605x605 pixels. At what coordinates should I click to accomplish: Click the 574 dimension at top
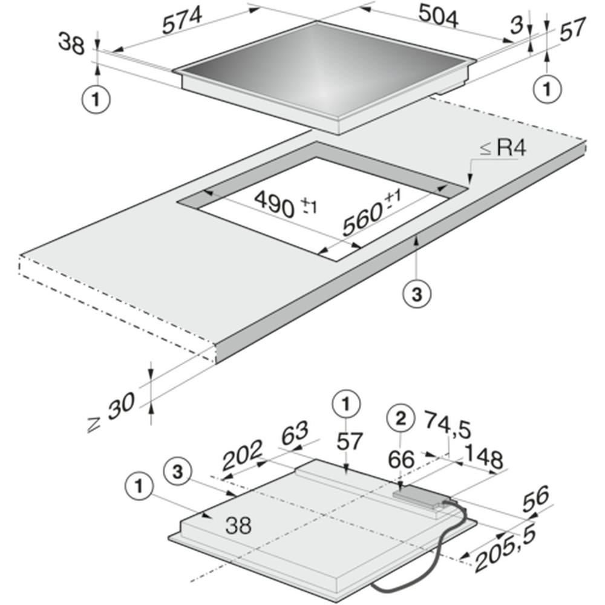[181, 20]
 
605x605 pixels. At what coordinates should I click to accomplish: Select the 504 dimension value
[438, 17]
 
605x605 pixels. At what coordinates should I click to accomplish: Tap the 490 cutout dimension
[286, 204]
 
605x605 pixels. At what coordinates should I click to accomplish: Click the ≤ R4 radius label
[503, 148]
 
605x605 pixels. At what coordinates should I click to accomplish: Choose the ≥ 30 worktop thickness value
[112, 411]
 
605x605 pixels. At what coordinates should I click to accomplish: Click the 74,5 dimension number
[448, 425]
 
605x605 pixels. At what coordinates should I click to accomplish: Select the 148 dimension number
[484, 457]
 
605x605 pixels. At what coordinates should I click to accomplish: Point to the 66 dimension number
[401, 459]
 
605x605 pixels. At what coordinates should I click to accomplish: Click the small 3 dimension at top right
[517, 25]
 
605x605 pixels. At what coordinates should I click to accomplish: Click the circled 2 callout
[401, 418]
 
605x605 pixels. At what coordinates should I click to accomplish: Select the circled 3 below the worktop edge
[417, 295]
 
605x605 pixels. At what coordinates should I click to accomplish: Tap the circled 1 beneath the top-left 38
[96, 100]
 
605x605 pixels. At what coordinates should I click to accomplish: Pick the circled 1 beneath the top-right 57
[547, 89]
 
